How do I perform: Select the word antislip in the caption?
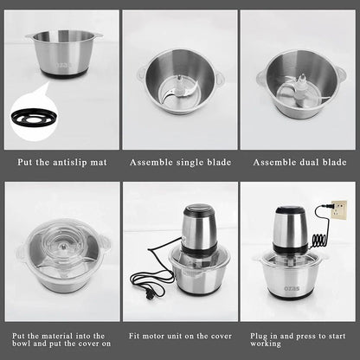(72, 161)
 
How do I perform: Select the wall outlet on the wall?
(339, 209)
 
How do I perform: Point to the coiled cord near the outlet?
(319, 235)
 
